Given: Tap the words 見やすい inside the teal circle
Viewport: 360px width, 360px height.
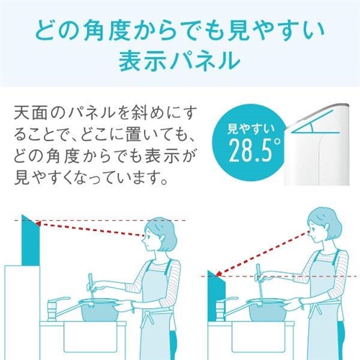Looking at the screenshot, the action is tap(251, 129).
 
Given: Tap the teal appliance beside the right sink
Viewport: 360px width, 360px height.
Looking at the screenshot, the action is tap(216, 297).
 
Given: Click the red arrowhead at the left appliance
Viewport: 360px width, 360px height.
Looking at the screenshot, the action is tap(38, 225).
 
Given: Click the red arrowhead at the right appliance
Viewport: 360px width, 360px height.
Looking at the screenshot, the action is tap(219, 274).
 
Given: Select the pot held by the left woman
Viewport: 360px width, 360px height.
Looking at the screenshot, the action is tap(99, 310).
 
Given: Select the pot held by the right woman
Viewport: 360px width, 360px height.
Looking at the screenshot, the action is tap(267, 310).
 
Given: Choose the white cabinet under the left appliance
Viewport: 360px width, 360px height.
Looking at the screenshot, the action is tap(22, 312).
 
